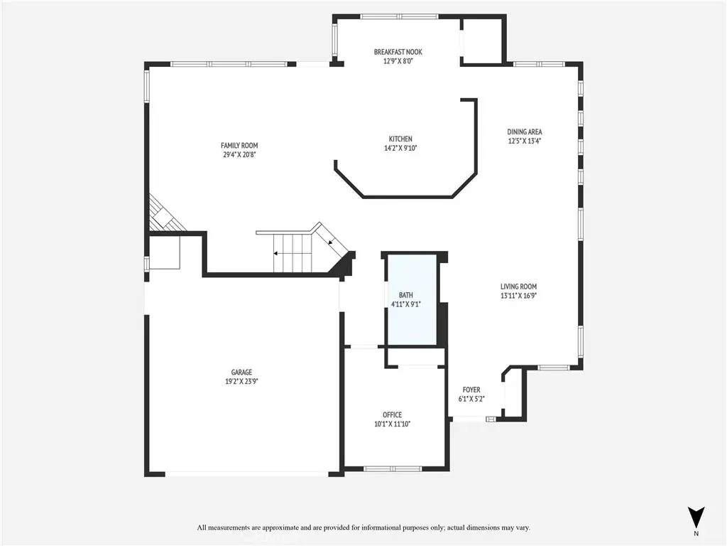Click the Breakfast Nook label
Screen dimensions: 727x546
pyautogui.click(x=398, y=52)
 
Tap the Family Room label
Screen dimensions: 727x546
pyautogui.click(x=239, y=146)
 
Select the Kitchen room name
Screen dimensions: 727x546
pyautogui.click(x=400, y=139)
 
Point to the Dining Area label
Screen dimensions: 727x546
pyautogui.click(x=525, y=132)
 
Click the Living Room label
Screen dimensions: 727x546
pyautogui.click(x=518, y=287)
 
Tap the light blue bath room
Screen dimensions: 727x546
pyautogui.click(x=412, y=299)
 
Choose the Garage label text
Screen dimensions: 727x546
pyautogui.click(x=241, y=373)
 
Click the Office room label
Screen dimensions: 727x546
pyautogui.click(x=392, y=415)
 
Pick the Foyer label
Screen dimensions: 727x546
pyautogui.click(x=471, y=390)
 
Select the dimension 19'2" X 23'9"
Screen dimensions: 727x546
pyautogui.click(x=241, y=382)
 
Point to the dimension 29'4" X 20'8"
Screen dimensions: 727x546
pyautogui.click(x=239, y=155)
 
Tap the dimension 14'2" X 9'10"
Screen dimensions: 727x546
pyautogui.click(x=400, y=149)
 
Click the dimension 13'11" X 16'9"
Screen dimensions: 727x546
pyautogui.click(x=518, y=296)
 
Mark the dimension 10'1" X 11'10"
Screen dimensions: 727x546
pyautogui.click(x=392, y=424)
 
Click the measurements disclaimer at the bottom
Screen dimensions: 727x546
pyautogui.click(x=363, y=528)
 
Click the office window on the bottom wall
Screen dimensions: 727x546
pyautogui.click(x=393, y=469)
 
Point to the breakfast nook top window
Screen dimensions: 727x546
pyautogui.click(x=399, y=17)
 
